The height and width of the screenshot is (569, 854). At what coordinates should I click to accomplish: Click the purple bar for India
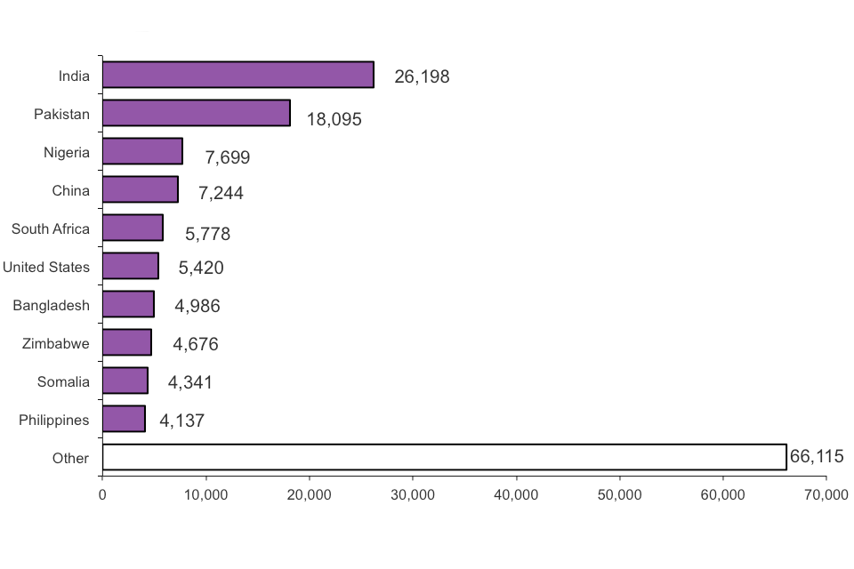tap(238, 75)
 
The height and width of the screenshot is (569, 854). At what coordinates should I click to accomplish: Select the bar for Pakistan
tap(196, 113)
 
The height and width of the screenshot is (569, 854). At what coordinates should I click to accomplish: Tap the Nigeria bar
tap(142, 151)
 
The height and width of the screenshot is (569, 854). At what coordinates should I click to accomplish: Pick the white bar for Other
tap(444, 457)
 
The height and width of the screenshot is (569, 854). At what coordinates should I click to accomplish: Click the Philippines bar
tap(124, 419)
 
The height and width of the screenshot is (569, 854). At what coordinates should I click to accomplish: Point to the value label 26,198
tap(422, 76)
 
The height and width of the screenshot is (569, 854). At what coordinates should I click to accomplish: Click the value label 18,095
tap(334, 119)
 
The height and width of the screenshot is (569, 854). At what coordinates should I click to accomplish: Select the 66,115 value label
tap(817, 457)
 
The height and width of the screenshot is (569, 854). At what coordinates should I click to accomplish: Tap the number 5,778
tap(207, 235)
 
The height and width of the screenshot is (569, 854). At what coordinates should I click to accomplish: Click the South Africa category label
tap(51, 228)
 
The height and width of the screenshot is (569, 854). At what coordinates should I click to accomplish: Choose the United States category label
tap(46, 267)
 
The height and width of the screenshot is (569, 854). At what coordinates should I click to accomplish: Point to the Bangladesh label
tap(52, 305)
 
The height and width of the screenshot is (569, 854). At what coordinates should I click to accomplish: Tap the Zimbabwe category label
tap(56, 343)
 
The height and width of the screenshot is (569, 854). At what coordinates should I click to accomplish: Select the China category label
tap(71, 190)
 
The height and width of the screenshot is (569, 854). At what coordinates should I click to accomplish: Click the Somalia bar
tap(125, 381)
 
